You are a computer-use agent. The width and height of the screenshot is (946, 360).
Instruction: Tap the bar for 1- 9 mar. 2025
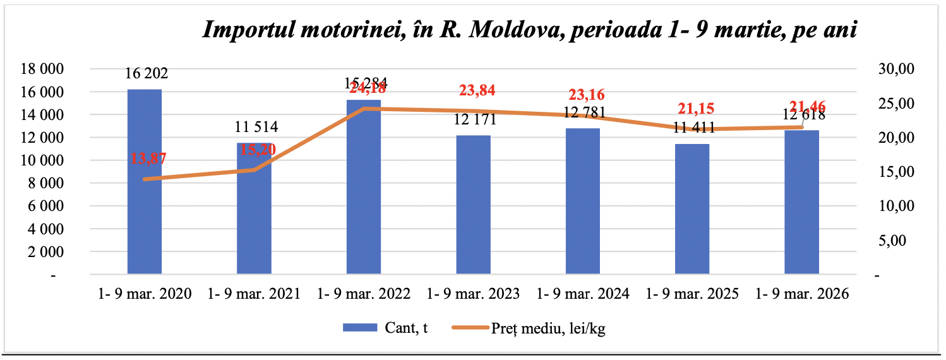(x=692, y=215)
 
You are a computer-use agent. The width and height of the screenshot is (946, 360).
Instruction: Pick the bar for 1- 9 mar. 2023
(x=473, y=208)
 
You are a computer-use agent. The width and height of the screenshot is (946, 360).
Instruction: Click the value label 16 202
(x=147, y=74)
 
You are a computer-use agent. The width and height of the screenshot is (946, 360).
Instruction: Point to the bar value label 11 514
(x=256, y=128)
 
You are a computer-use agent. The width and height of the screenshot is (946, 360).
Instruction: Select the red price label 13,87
(x=148, y=159)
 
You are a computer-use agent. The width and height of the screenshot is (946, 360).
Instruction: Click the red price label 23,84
(x=477, y=90)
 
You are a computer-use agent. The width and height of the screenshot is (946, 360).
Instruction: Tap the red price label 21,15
(x=695, y=109)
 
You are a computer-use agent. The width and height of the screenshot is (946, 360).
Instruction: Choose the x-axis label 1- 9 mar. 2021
(x=254, y=294)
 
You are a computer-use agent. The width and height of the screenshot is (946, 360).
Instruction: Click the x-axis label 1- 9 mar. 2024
(x=583, y=294)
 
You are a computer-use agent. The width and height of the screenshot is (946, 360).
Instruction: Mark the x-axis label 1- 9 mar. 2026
(x=802, y=294)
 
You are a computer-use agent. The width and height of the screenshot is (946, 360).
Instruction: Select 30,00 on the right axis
(x=896, y=69)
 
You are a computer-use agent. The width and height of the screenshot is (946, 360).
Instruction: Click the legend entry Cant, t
(x=385, y=327)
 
